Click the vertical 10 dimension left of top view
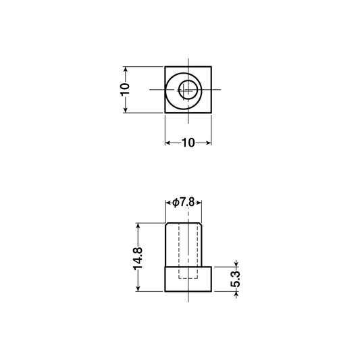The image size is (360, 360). [125, 90]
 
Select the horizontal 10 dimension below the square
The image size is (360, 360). [188, 143]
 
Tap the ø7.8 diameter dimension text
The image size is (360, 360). [184, 202]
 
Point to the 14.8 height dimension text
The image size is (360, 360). [138, 258]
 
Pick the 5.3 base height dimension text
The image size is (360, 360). [236, 279]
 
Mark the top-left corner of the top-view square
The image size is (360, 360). [165, 66]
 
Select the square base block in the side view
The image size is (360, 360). [188, 279]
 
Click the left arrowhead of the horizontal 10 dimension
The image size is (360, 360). [168, 143]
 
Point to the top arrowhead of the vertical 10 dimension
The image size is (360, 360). [125, 69]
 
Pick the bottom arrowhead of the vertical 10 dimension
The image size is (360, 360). [125, 110]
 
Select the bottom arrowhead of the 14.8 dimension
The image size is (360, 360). [138, 288]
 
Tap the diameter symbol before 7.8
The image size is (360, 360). [175, 202]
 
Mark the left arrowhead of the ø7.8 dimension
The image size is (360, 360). [169, 202]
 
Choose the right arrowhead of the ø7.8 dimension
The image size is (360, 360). [200, 202]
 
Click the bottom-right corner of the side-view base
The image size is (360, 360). [211, 291]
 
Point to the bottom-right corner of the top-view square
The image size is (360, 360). [211, 113]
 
